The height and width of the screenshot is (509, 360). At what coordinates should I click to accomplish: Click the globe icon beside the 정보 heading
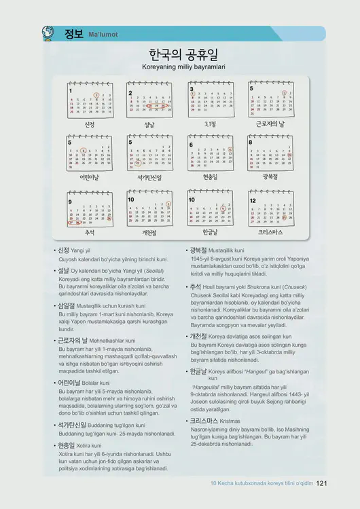click(x=48, y=33)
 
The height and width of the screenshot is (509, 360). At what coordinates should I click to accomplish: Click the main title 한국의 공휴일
click(x=183, y=55)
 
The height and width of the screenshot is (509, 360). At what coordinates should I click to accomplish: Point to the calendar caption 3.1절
click(x=210, y=124)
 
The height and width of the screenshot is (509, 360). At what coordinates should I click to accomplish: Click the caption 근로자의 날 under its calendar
click(x=271, y=124)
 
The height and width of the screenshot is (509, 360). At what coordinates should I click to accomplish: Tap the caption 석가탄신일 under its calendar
click(x=149, y=177)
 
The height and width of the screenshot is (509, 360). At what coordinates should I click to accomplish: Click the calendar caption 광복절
click(x=271, y=177)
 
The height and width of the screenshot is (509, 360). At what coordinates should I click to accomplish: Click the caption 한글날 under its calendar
click(x=210, y=232)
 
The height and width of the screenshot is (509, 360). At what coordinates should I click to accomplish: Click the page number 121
click(x=322, y=484)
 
